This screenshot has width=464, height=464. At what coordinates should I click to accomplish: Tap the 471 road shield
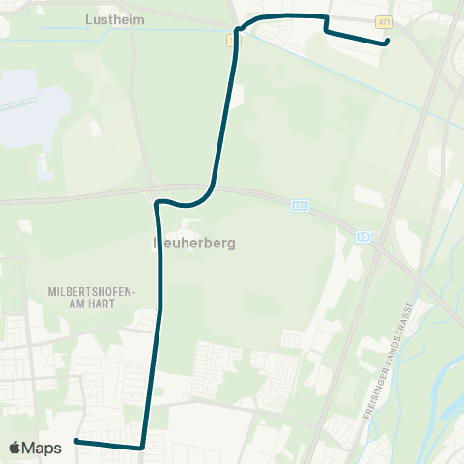pyautogui.click(x=384, y=21)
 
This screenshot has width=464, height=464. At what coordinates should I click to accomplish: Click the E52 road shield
pyautogui.click(x=299, y=206)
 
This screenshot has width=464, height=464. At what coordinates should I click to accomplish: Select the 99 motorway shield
pyautogui.click(x=363, y=235)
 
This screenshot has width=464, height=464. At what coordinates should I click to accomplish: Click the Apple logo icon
pyautogui.click(x=15, y=448)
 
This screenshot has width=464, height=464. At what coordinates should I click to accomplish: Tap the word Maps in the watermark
pyautogui.click(x=43, y=448)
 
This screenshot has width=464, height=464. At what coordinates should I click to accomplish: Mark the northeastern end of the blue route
pyautogui.click(x=386, y=42)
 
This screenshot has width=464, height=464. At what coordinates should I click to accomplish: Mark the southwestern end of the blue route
pyautogui.click(x=75, y=442)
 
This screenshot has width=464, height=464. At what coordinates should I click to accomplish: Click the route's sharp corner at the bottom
pyautogui.click(x=142, y=448)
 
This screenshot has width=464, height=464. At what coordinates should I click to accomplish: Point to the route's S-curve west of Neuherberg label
pyautogui.click(x=164, y=202)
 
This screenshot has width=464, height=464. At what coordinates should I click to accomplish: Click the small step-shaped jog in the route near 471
pyautogui.click(x=327, y=24)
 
